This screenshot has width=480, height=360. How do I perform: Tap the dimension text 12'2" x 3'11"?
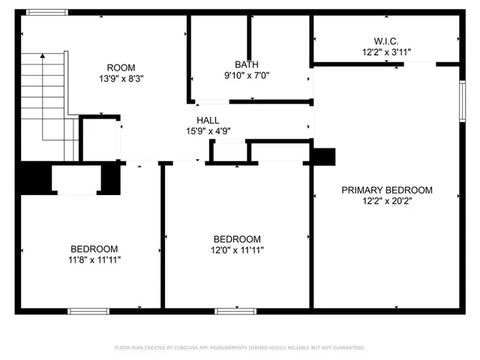coord(386,52)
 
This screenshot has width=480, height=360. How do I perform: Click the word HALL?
coord(208,120)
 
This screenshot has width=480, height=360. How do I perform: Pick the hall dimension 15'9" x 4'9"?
coord(208,130)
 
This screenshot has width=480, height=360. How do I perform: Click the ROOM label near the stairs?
coord(121,67)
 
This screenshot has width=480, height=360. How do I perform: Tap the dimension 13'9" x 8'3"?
coord(121,78)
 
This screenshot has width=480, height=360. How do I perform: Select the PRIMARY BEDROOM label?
coord(387,190)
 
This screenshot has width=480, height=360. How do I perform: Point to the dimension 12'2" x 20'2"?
coord(387,201)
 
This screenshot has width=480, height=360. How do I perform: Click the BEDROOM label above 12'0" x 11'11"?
coord(237,239)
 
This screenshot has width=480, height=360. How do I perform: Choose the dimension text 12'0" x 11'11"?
coord(237,250)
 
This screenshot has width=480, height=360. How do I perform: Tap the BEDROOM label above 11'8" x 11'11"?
coord(94,249)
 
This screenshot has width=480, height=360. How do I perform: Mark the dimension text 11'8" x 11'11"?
coord(94,259)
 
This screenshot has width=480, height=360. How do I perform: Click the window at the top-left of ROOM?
coord(46,13)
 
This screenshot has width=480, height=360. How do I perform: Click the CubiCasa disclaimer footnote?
coord(240,348)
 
